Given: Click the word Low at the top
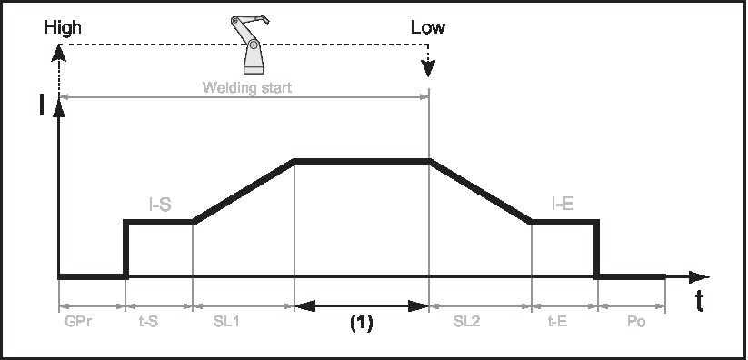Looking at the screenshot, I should point(427,27).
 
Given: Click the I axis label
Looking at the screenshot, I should point(42,107).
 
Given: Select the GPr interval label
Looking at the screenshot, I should point(91,322).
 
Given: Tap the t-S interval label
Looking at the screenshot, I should point(159,322).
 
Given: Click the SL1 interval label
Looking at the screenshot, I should point(243,322).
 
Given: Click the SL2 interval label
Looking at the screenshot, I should point(480,322).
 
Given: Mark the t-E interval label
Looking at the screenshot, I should point(563,322).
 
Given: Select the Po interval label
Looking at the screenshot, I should point(631,322).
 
